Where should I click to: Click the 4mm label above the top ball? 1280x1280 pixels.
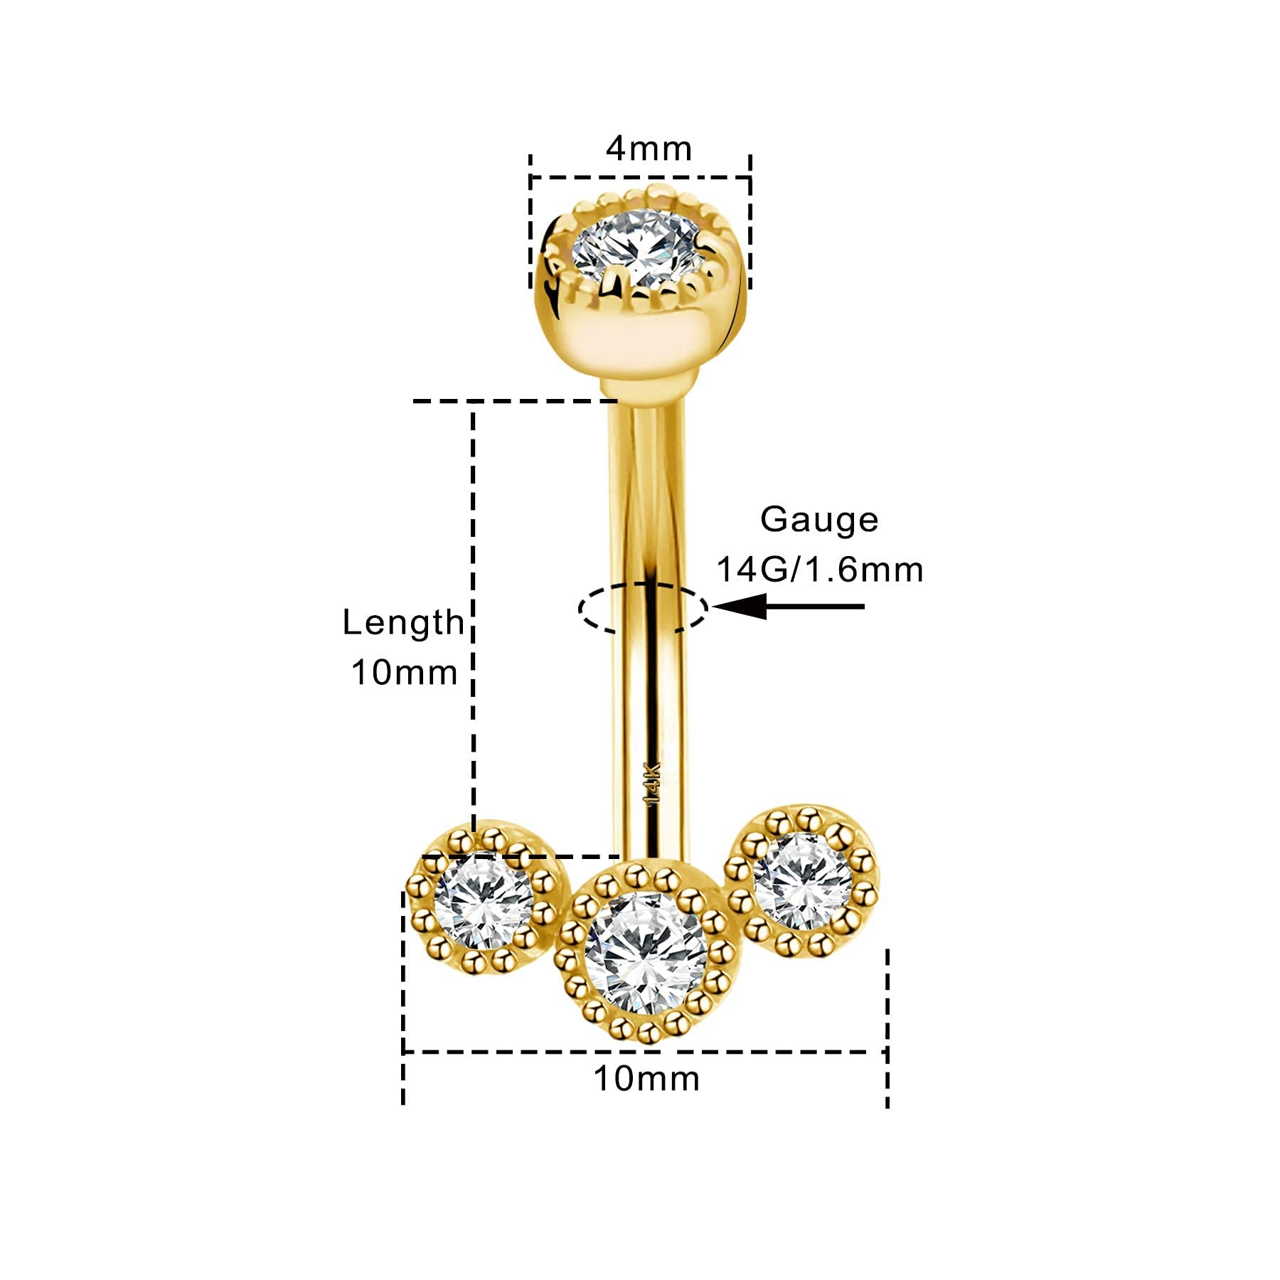point(648,149)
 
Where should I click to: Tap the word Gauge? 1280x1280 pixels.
point(819,521)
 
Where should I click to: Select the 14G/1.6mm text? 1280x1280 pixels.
point(819,570)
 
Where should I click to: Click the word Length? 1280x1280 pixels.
point(402,622)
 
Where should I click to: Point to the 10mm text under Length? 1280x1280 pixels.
point(404,672)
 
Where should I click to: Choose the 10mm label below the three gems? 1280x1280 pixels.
point(646,1079)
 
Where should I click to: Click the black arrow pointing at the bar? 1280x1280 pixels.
point(788,607)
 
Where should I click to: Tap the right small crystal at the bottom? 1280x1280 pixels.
point(802,882)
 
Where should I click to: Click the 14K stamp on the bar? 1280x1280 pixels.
point(652,783)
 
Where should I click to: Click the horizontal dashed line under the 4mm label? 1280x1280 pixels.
point(640,177)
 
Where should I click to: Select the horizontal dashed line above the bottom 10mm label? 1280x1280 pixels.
point(645,1052)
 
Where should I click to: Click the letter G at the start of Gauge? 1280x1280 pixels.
point(774,520)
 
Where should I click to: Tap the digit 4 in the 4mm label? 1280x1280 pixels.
point(617,149)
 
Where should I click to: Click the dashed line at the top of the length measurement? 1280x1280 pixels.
point(516,402)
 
